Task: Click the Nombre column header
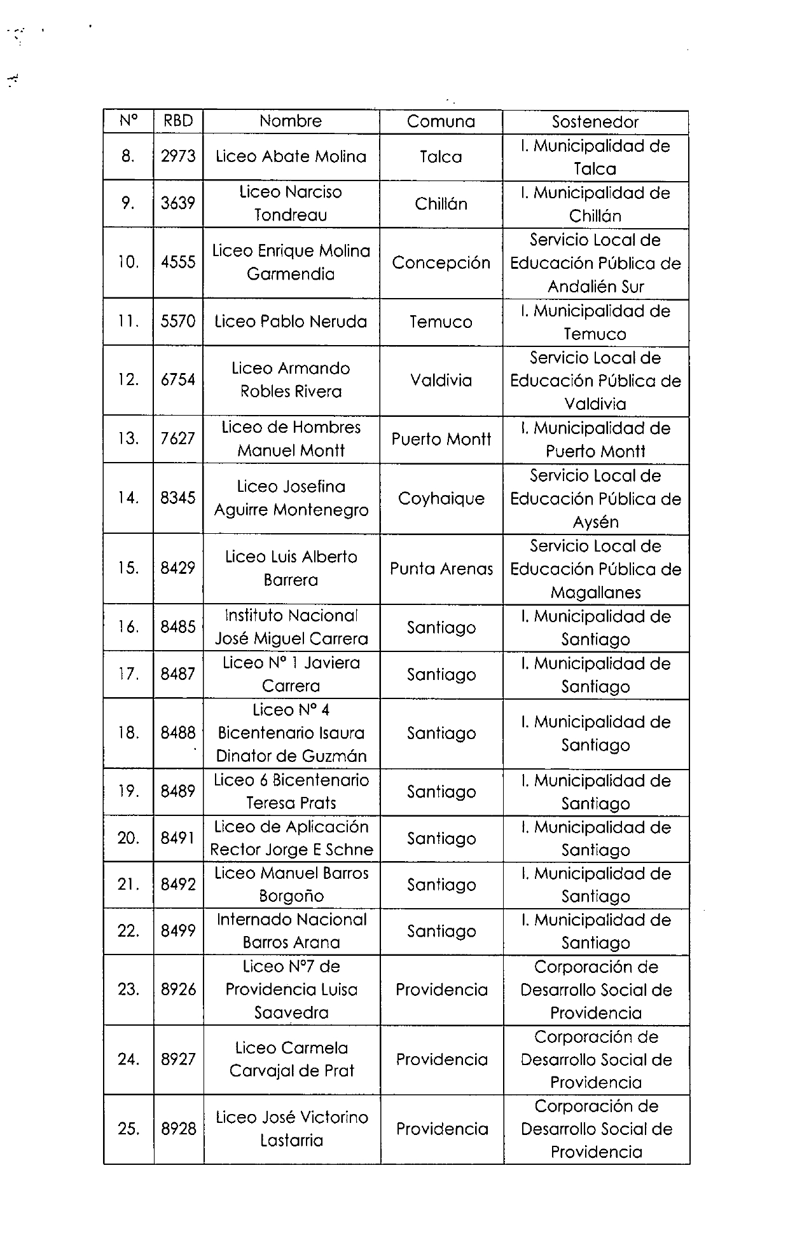coord(291,121)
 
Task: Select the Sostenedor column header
coord(595,122)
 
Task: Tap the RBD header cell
coord(178,121)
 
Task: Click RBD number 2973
coord(178,157)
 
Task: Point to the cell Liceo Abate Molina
coord(291,157)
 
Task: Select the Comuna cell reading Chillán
coord(441,204)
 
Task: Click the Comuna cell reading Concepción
coord(441,263)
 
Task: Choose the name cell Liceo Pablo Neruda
coord(291,322)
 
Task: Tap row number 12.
coord(128,380)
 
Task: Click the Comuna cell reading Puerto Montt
coord(441,439)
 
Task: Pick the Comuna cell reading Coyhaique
coord(441,498)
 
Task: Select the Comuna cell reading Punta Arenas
coord(441,569)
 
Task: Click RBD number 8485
coord(178,627)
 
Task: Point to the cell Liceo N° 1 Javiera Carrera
coord(291,674)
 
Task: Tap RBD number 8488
coord(178,733)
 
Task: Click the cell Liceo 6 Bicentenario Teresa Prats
coord(291,791)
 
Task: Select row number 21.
coord(128,885)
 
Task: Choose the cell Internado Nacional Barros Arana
coord(291,931)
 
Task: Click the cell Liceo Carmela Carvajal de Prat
coord(291,1059)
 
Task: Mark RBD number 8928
coord(178,1129)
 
